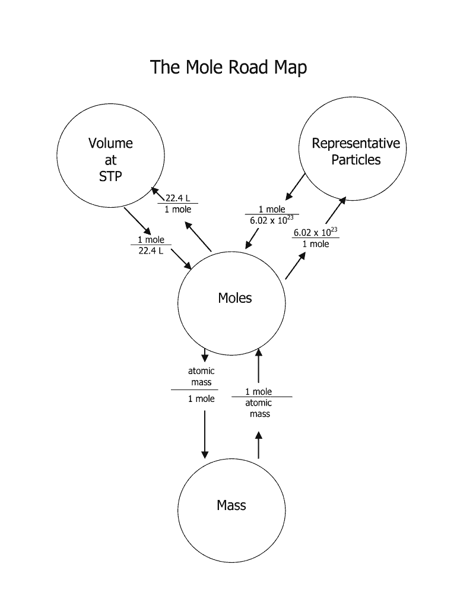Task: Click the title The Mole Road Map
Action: pyautogui.click(x=228, y=67)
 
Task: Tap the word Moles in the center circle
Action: pyautogui.click(x=235, y=297)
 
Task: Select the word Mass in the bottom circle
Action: pyautogui.click(x=231, y=505)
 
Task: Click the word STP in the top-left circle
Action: pyautogui.click(x=111, y=176)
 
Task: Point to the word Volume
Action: pyautogui.click(x=111, y=143)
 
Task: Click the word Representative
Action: pyautogui.click(x=356, y=143)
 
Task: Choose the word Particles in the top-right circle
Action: pyautogui.click(x=356, y=160)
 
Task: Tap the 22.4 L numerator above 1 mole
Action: pyautogui.click(x=177, y=198)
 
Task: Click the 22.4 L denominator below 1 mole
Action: pyautogui.click(x=151, y=251)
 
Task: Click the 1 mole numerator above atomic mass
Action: pyautogui.click(x=259, y=391)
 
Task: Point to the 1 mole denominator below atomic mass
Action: pyautogui.click(x=201, y=398)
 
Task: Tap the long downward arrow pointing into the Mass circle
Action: pyautogui.click(x=205, y=433)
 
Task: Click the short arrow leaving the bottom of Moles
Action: pyautogui.click(x=205, y=355)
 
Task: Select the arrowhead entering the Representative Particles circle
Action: pyautogui.click(x=344, y=200)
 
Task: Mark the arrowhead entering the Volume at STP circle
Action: pyautogui.click(x=154, y=191)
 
